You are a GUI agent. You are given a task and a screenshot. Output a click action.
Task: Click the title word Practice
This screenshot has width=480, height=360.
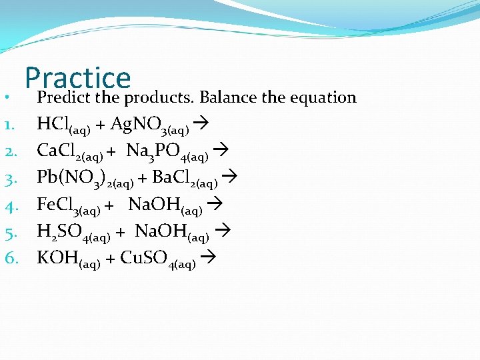point(78,78)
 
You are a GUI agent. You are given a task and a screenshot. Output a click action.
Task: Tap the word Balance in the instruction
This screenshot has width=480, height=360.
point(229,97)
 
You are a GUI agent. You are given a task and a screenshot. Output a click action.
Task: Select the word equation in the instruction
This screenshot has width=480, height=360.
point(323,99)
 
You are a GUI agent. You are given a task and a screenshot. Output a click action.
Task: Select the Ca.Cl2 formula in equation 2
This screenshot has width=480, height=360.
point(69,151)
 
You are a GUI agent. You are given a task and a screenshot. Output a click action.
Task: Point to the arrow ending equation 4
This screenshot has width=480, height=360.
point(215,205)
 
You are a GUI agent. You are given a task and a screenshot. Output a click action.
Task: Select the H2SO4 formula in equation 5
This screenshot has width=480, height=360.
point(73,233)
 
